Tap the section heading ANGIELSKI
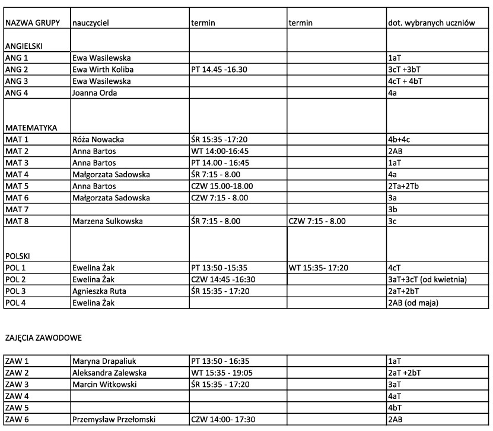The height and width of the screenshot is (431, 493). (24, 46)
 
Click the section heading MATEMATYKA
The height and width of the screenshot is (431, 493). (31, 128)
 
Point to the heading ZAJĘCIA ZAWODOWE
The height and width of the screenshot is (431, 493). (43, 338)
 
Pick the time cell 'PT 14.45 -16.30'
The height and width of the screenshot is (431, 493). (219, 70)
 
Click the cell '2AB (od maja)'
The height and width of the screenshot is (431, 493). (415, 303)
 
